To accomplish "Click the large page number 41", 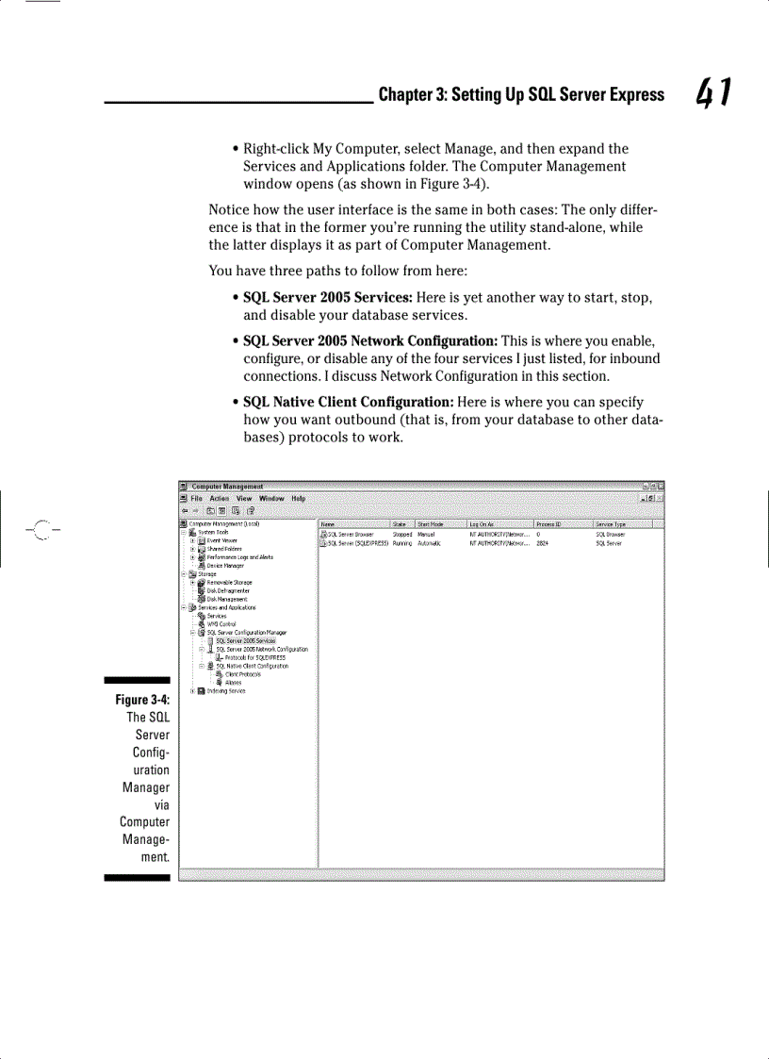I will click(715, 92).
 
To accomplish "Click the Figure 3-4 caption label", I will click(142, 700).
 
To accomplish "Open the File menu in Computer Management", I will click(196, 498).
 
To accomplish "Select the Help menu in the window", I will click(298, 498).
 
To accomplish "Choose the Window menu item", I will click(271, 498).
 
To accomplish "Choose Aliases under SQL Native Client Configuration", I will click(233, 683).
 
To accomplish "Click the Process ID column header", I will click(548, 524).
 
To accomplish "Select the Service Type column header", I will click(611, 524).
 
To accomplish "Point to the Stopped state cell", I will click(402, 534).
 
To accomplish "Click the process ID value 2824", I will click(542, 543).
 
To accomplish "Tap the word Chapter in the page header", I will click(403, 94).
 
